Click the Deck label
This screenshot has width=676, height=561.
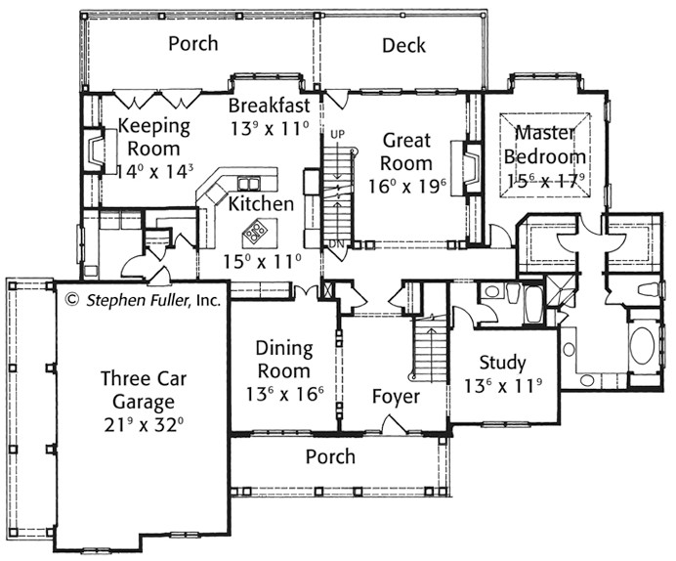pyautogui.click(x=403, y=45)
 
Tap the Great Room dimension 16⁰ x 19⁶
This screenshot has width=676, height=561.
pyautogui.click(x=407, y=187)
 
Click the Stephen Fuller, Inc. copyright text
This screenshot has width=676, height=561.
pyautogui.click(x=145, y=300)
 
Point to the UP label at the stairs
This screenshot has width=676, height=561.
pyautogui.click(x=338, y=134)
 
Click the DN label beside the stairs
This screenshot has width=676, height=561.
pyautogui.click(x=337, y=243)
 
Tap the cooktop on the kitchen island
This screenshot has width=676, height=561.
pyautogui.click(x=255, y=231)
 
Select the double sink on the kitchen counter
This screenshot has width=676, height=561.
pyautogui.click(x=249, y=184)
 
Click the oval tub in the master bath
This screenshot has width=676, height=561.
pyautogui.click(x=642, y=346)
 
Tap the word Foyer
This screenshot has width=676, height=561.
pyautogui.click(x=396, y=397)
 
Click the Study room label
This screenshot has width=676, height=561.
pyautogui.click(x=502, y=363)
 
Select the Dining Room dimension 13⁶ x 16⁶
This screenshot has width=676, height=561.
pyautogui.click(x=284, y=393)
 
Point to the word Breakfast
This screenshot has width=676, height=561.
pyautogui.click(x=269, y=106)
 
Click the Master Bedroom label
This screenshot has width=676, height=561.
pyautogui.click(x=545, y=145)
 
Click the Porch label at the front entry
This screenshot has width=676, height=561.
pyautogui.click(x=330, y=456)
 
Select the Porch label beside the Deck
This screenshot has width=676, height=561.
pyautogui.click(x=193, y=44)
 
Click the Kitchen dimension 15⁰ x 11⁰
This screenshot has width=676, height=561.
pyautogui.click(x=263, y=261)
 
